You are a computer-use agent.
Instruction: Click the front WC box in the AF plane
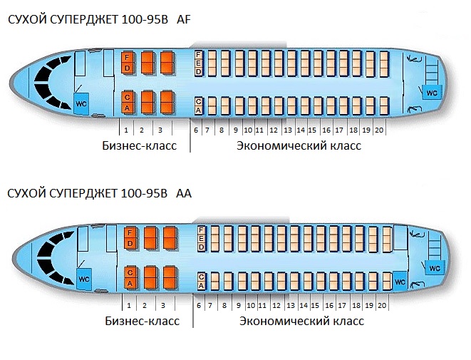click(x=81, y=103)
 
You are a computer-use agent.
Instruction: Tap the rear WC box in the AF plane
click(x=432, y=93)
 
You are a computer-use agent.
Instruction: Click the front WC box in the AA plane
click(x=84, y=279)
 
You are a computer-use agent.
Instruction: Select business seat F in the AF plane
click(x=127, y=58)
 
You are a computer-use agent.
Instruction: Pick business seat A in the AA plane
click(x=130, y=283)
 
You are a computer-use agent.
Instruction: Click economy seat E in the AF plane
click(x=198, y=63)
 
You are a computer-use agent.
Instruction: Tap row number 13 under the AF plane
click(x=288, y=130)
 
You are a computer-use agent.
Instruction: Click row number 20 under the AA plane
click(x=382, y=305)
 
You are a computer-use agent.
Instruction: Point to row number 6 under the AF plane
click(x=196, y=130)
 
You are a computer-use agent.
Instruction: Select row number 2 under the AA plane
click(x=145, y=306)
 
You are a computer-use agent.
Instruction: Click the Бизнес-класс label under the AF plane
click(x=140, y=145)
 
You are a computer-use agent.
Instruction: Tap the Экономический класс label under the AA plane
click(x=301, y=321)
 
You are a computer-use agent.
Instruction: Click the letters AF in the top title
click(x=184, y=19)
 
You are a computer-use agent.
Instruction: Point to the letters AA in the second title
click(x=184, y=193)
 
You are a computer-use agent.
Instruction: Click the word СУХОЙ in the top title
click(x=26, y=19)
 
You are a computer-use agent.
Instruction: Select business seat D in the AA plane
click(x=130, y=243)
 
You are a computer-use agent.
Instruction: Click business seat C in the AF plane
click(x=127, y=98)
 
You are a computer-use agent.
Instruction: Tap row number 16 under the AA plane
click(x=329, y=305)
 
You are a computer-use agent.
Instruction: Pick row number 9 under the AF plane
click(x=236, y=130)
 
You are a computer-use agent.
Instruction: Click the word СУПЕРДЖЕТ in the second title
click(x=83, y=193)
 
